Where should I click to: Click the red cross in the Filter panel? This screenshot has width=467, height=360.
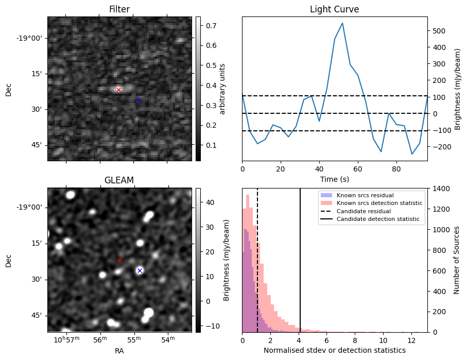click(118, 90)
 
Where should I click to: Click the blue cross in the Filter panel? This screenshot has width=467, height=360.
click(139, 100)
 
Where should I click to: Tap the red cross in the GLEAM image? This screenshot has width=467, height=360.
click(119, 261)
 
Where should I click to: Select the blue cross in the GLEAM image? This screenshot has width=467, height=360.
click(139, 270)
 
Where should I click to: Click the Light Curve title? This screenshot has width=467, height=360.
click(334, 9)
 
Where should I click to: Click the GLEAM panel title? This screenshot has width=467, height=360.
click(119, 180)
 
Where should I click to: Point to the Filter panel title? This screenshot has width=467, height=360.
click(119, 9)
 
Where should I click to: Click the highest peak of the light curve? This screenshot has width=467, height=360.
click(342, 23)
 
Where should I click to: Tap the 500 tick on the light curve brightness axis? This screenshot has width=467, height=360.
click(440, 31)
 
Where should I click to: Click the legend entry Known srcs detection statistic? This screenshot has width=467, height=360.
click(379, 203)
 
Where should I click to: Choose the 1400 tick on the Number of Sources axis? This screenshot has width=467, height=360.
click(441, 188)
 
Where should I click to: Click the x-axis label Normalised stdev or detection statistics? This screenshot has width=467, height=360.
click(334, 351)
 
